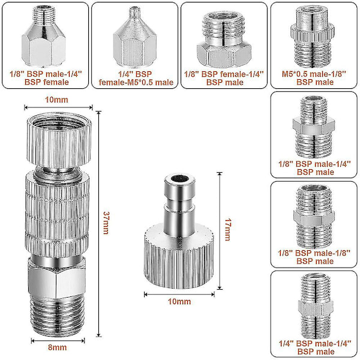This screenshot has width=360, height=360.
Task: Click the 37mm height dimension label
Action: [106, 223]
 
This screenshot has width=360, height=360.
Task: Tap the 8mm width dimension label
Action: [58, 347]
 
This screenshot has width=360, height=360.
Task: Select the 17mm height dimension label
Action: [227, 230]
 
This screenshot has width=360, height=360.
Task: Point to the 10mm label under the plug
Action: [179, 301]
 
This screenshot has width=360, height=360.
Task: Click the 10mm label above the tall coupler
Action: [56, 100]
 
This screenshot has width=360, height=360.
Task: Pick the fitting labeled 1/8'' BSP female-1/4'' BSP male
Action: [224, 40]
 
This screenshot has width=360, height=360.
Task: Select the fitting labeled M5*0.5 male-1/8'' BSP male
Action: [313, 37]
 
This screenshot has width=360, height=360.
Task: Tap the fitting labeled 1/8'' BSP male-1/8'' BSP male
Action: [314, 217]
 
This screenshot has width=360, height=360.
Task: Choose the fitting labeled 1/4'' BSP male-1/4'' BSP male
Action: [315, 305]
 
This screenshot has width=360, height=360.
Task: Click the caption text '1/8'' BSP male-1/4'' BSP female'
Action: [46, 78]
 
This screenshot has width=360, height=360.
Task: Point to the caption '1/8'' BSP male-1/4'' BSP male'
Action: [315, 168]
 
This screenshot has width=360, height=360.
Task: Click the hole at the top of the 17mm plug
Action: [179, 178]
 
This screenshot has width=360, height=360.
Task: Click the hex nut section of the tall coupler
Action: [57, 278]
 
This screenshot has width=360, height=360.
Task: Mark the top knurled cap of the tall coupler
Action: [59, 140]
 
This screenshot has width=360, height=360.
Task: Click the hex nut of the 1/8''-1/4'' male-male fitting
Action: [314, 126]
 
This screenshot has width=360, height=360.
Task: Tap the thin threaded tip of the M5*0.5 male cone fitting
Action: [135, 13]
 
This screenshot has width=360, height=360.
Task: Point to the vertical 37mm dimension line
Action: [99, 224]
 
